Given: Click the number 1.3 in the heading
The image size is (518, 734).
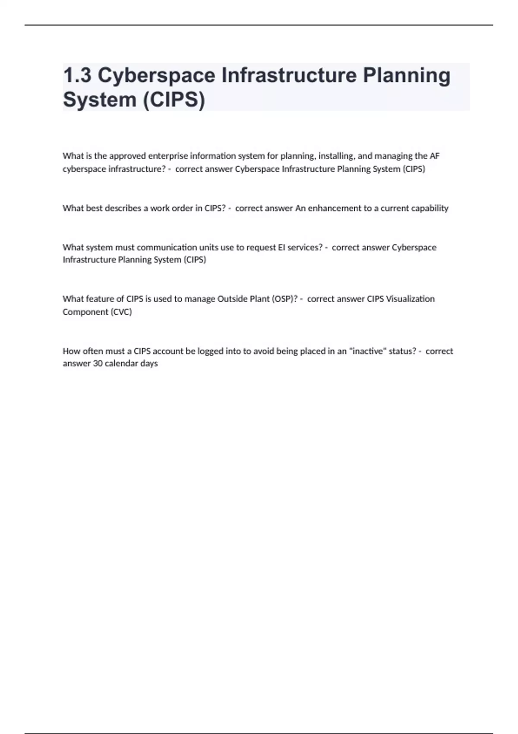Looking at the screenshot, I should pyautogui.click(x=77, y=76).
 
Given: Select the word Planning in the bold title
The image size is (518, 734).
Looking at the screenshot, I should pyautogui.click(x=406, y=76).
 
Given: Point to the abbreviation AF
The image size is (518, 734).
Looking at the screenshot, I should pyautogui.click(x=434, y=156).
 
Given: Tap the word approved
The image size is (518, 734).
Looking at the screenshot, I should pyautogui.click(x=128, y=156).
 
